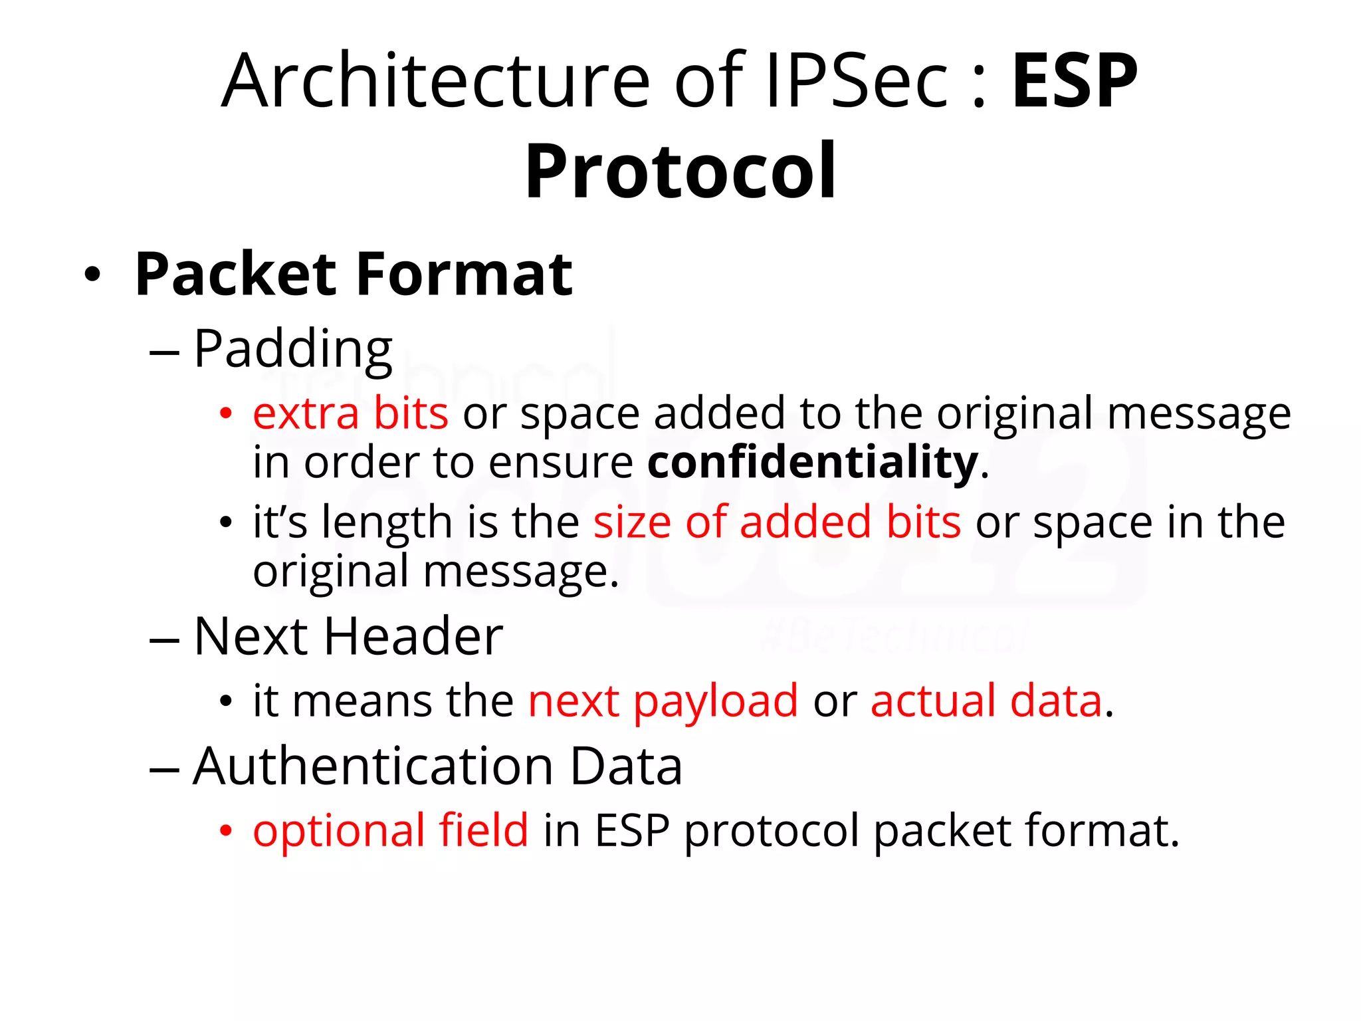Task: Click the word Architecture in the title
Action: click(435, 81)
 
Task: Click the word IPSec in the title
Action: click(857, 81)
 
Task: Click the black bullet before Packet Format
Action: click(92, 275)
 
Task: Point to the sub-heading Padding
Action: click(292, 350)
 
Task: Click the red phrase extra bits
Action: click(350, 413)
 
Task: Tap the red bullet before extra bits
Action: click(226, 413)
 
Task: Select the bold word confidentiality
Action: click(812, 463)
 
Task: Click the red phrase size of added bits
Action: click(777, 522)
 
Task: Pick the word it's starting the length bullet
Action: click(280, 522)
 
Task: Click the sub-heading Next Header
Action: click(348, 637)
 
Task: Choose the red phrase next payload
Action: click(663, 701)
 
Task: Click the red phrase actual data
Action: click(986, 701)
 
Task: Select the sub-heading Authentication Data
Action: click(437, 766)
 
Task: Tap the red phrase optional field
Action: click(391, 830)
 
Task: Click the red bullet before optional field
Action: click(226, 830)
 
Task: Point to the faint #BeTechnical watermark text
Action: click(894, 636)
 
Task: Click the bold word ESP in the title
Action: click(1074, 81)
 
